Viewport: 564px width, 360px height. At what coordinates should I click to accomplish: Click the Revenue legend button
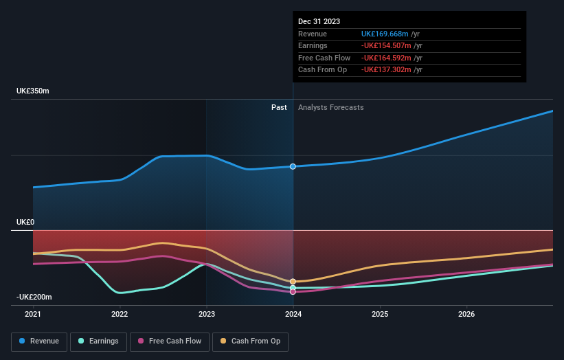pyautogui.click(x=39, y=341)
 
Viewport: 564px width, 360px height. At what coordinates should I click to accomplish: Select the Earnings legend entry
pyautogui.click(x=98, y=341)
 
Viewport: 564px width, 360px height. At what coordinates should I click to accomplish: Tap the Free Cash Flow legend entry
pyautogui.click(x=169, y=341)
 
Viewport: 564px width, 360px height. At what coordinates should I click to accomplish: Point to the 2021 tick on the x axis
pyautogui.click(x=33, y=315)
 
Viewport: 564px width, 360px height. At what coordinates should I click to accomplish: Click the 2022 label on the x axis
pyautogui.click(x=120, y=315)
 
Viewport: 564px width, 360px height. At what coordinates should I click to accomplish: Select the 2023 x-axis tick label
pyautogui.click(x=207, y=315)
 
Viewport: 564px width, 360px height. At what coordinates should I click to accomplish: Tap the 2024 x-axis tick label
pyautogui.click(x=293, y=315)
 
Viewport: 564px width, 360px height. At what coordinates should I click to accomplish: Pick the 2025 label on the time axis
pyautogui.click(x=380, y=315)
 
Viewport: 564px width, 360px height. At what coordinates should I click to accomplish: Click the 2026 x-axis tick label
pyautogui.click(x=466, y=315)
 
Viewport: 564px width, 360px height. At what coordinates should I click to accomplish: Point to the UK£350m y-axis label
pyautogui.click(x=33, y=91)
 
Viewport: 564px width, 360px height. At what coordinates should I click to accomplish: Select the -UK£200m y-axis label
pyautogui.click(x=35, y=297)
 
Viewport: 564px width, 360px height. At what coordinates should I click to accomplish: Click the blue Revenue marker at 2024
pyautogui.click(x=293, y=166)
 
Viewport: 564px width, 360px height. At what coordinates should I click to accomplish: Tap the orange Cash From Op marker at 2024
pyautogui.click(x=293, y=282)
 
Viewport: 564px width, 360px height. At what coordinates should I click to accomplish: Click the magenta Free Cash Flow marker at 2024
pyautogui.click(x=293, y=292)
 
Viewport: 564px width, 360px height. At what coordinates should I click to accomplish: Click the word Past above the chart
pyautogui.click(x=279, y=107)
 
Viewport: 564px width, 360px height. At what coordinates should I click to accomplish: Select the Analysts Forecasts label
pyautogui.click(x=331, y=107)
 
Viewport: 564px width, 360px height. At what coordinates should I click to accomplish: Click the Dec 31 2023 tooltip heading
pyautogui.click(x=319, y=22)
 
